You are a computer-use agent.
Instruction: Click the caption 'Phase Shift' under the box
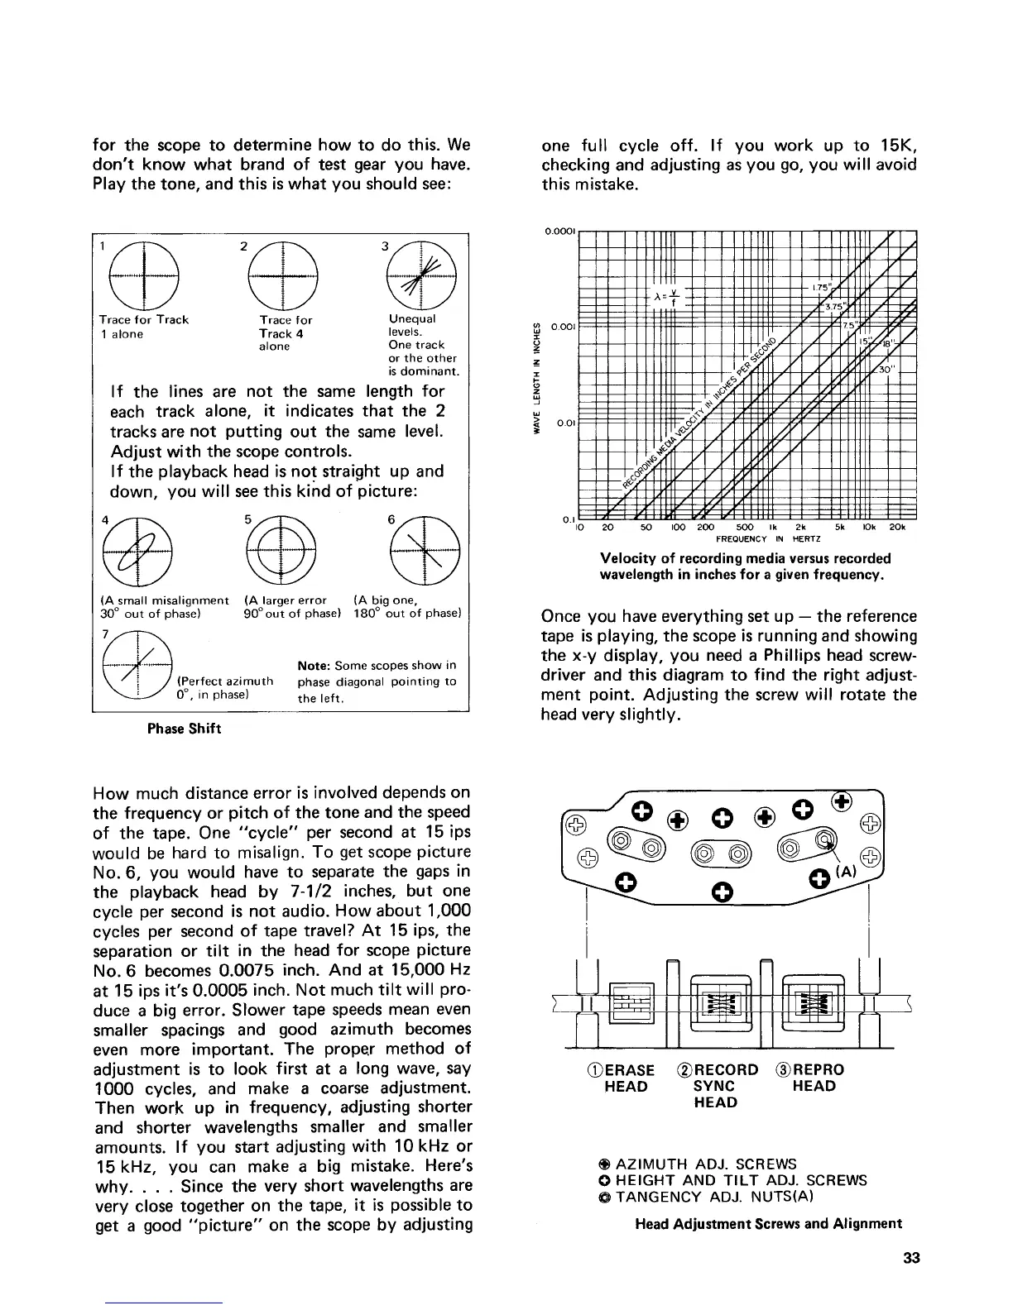184,729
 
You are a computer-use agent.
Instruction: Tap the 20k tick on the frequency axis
897,527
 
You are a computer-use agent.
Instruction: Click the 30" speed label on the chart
886,370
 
